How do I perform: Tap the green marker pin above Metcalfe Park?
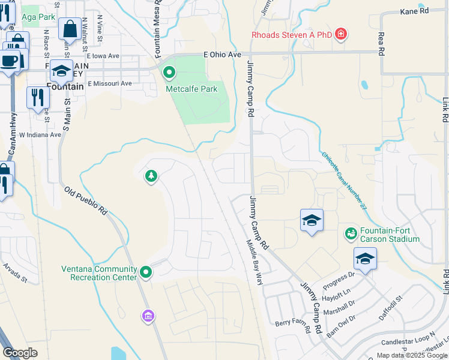[x=169, y=74]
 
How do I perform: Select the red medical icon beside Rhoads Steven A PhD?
[x=341, y=34]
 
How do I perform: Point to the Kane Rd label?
[x=416, y=11]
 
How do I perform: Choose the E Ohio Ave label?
[x=222, y=54]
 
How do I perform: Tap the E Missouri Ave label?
[x=109, y=83]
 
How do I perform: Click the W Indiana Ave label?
[x=40, y=135]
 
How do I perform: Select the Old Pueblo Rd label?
[x=86, y=200]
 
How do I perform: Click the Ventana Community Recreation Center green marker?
[x=145, y=273]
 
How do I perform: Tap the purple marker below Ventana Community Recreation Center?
[x=148, y=315]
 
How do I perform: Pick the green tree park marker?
[x=151, y=176]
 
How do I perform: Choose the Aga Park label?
[x=38, y=17]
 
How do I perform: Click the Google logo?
[x=20, y=352]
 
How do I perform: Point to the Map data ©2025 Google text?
[x=412, y=355]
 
